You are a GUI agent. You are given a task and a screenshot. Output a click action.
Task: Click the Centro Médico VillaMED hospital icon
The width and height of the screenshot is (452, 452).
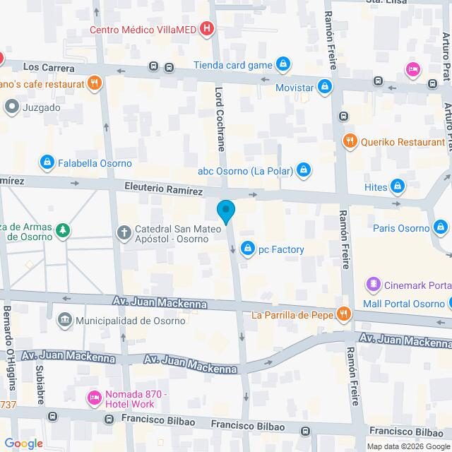(x=207, y=29)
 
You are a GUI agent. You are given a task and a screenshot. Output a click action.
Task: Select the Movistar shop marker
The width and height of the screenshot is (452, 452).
(x=324, y=87)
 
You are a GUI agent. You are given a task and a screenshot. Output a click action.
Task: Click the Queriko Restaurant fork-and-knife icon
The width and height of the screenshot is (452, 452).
(x=349, y=141)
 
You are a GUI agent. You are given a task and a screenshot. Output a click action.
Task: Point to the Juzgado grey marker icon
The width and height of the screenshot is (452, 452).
(x=12, y=108)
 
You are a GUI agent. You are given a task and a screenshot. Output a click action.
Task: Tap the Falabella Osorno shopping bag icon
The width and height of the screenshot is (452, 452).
(x=47, y=162)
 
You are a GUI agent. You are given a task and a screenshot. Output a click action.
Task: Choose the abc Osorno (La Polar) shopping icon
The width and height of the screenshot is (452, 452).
(x=303, y=169)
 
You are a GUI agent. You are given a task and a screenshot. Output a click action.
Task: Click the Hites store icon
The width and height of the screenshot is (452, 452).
(x=398, y=186)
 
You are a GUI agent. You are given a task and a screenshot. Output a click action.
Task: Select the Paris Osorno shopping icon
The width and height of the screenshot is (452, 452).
(x=441, y=228)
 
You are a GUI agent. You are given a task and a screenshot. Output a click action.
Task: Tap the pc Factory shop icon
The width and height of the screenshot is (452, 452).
(x=247, y=249)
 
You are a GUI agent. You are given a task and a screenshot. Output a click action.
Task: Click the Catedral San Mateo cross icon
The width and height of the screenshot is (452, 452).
(x=124, y=233)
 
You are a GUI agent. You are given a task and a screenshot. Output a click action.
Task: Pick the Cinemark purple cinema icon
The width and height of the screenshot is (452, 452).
(x=372, y=285)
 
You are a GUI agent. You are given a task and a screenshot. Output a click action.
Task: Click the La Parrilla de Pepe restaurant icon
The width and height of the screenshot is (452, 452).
(x=343, y=314)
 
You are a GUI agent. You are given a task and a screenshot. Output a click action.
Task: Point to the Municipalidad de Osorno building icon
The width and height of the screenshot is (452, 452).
(x=66, y=320)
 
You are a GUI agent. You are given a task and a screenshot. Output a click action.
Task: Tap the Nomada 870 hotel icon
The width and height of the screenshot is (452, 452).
(x=93, y=399)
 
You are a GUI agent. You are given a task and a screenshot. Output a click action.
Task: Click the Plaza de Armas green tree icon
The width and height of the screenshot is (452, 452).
(x=64, y=230)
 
